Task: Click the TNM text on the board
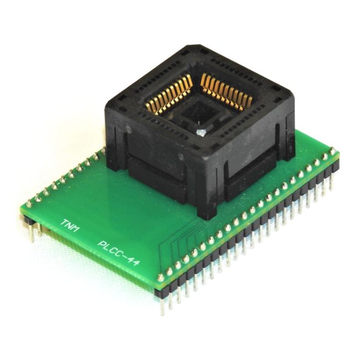click(x=70, y=225)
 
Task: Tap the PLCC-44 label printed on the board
click(x=119, y=253)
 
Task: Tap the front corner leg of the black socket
click(x=207, y=202)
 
